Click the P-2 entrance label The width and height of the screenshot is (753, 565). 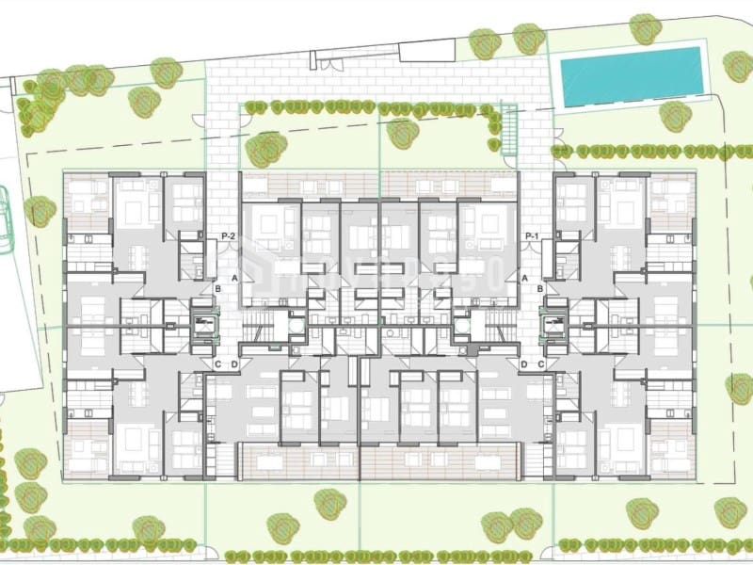(227, 235)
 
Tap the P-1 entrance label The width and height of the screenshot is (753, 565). (532, 235)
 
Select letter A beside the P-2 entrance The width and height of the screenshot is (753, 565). (234, 278)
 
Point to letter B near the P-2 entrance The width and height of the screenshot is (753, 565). (217, 289)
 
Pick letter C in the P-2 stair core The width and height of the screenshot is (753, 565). (217, 364)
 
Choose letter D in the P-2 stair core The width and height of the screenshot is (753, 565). (235, 364)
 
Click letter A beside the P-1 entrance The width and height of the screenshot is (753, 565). (524, 278)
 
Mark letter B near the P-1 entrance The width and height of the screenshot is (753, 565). (540, 289)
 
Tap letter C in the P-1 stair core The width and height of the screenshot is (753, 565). (541, 364)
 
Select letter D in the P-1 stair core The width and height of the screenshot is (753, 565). (523, 364)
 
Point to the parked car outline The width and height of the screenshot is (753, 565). (5, 221)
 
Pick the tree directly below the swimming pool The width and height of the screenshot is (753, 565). (675, 116)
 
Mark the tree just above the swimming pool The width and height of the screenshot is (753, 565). (645, 27)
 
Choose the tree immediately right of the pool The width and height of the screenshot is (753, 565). (738, 65)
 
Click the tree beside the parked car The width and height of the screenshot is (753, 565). (39, 211)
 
